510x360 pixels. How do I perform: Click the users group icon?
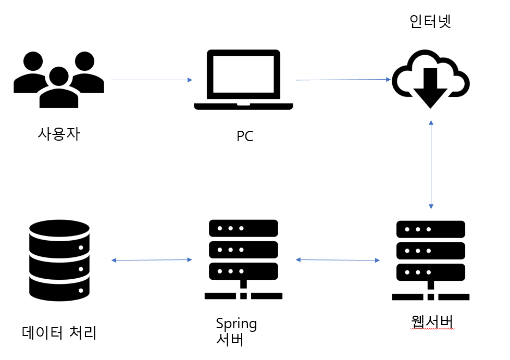click(59, 80)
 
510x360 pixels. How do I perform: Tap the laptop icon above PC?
click(244, 80)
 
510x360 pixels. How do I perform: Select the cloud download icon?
click(431, 79)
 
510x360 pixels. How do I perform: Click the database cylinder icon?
click(59, 260)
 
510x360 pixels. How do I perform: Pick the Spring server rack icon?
click(243, 259)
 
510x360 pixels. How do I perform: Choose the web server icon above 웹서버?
click(431, 260)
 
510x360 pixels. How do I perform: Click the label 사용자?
click(59, 134)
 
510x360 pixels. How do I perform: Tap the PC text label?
click(245, 136)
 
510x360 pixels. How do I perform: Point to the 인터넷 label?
click(430, 21)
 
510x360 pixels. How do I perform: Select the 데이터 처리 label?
click(59, 332)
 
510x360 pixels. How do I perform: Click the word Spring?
click(237, 324)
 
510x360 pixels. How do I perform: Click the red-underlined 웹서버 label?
click(432, 321)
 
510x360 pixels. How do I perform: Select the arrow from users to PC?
click(152, 80)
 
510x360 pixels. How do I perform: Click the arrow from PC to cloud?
click(343, 79)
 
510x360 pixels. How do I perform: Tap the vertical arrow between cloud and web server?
click(431, 165)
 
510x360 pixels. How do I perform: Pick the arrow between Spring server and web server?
click(338, 260)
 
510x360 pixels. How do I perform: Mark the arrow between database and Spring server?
click(152, 260)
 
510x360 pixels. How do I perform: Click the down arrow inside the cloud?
click(430, 88)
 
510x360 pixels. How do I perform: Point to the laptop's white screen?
click(244, 74)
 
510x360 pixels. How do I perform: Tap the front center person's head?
click(59, 77)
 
